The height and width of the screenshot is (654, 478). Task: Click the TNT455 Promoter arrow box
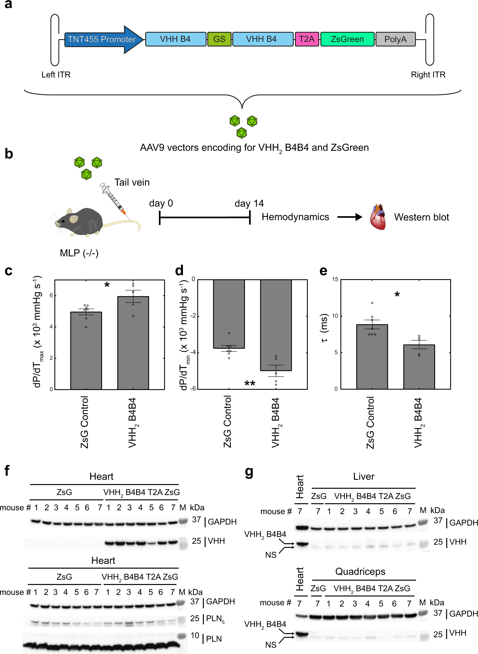pos(102,39)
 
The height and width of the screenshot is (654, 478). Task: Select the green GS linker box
pos(219,39)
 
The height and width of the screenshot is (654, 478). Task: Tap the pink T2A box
pos(306,39)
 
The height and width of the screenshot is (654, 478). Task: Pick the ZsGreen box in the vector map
pos(347,39)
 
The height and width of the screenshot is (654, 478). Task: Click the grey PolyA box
pos(395,39)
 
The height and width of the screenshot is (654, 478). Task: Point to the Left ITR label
pos(56,75)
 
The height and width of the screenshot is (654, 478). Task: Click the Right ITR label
pos(428,75)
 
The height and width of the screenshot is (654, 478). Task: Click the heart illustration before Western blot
pos(378,217)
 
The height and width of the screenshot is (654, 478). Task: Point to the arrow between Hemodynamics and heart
pos(350,217)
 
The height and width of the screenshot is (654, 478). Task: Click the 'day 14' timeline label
pos(249,203)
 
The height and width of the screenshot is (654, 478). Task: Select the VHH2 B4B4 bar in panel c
pos(133,343)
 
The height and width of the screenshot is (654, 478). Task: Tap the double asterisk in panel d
pos(250,384)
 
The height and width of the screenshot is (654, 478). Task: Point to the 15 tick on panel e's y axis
pos(335,279)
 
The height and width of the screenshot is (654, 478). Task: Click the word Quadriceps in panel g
pos(360,572)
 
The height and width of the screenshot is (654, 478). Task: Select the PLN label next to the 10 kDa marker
pos(214,639)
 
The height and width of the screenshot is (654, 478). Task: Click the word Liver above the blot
pos(364,476)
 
